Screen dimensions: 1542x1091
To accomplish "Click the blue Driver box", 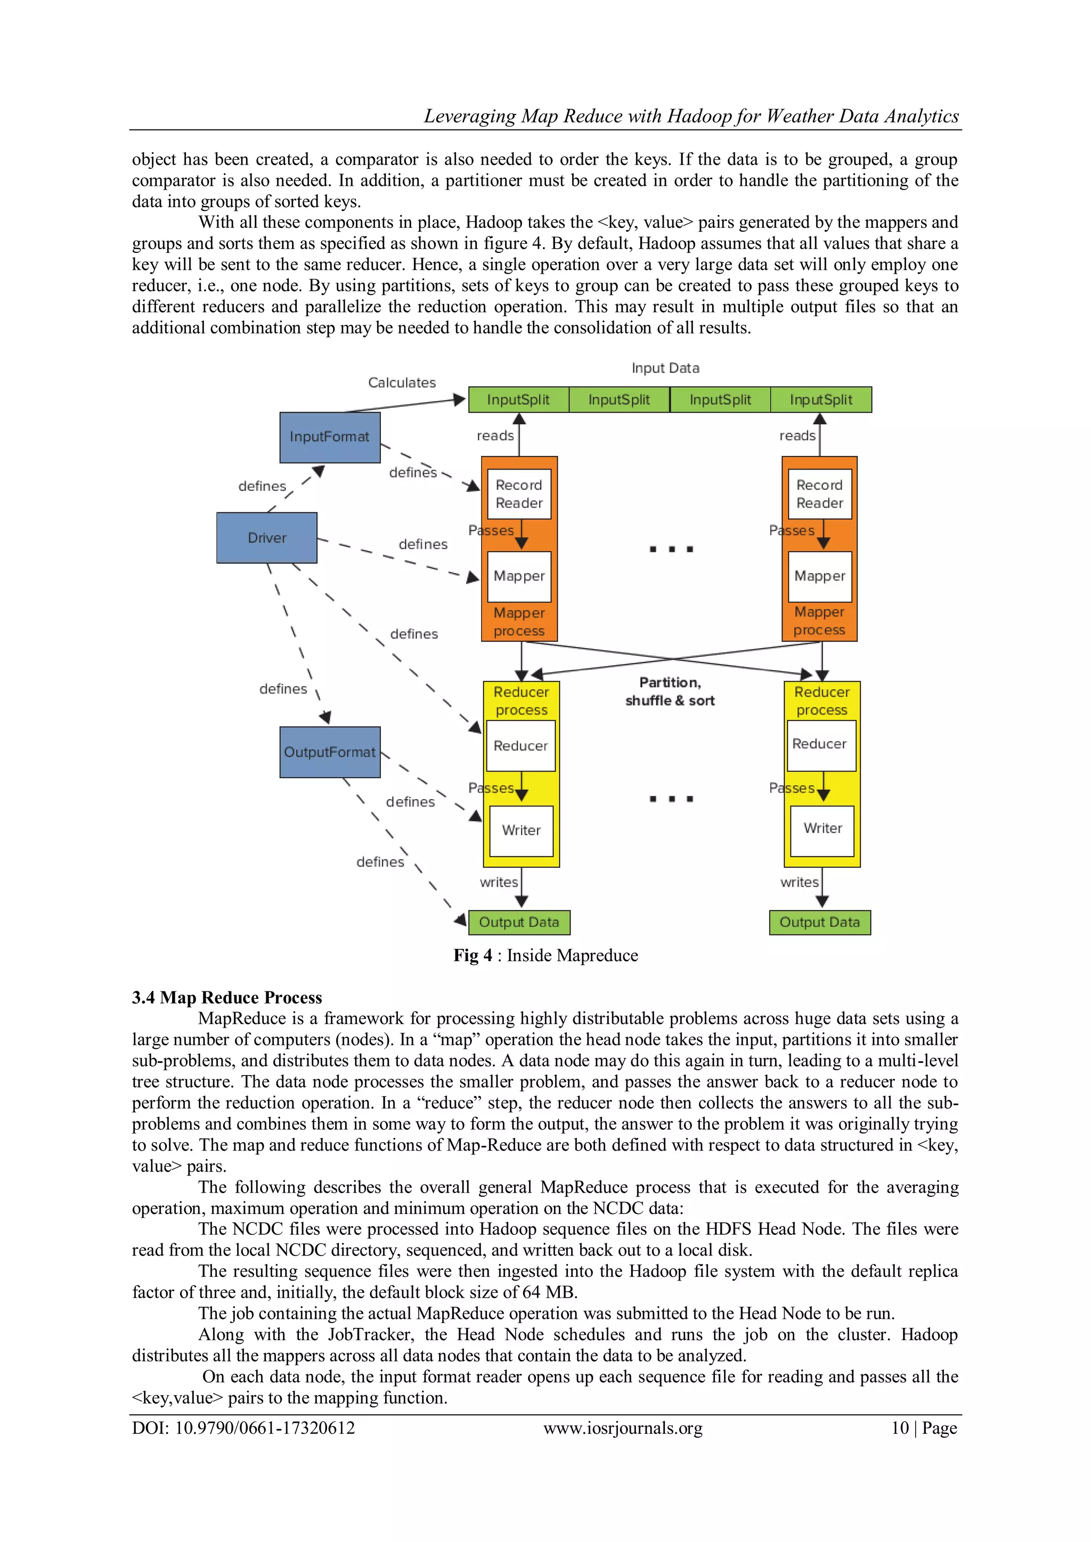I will [267, 537].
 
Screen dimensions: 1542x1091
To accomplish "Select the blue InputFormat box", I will [329, 437].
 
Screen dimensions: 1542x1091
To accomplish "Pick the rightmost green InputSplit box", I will [820, 399].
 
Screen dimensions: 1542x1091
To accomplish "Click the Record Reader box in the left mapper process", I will [519, 494].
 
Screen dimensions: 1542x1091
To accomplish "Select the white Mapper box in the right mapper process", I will [820, 576].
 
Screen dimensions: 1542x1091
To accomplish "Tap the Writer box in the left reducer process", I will [522, 830].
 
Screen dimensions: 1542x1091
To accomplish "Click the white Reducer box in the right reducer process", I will [820, 744].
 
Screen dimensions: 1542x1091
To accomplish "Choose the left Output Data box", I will [519, 922].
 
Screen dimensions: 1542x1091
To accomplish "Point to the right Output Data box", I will [820, 922].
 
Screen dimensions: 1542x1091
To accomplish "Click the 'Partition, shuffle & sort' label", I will [670, 692].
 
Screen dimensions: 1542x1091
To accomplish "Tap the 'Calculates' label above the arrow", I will [402, 383].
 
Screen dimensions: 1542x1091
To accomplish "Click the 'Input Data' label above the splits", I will [665, 368].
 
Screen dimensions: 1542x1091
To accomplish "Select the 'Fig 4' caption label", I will [473, 955].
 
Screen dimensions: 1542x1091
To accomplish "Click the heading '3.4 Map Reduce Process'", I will [226, 997].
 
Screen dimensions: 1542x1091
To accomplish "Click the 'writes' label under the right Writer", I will [799, 882].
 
